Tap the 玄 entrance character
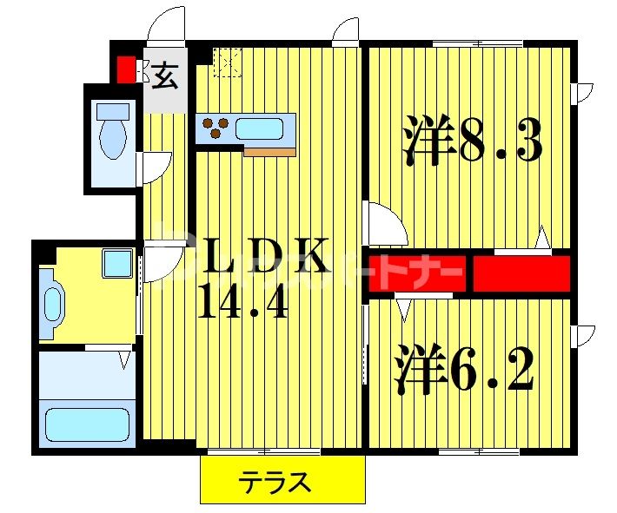coord(165,78)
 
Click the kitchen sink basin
coord(258,128)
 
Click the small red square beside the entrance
coord(126,69)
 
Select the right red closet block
coord(521,273)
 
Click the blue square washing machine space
coord(116,263)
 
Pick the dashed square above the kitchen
coord(228,62)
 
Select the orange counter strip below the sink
coord(269,152)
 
